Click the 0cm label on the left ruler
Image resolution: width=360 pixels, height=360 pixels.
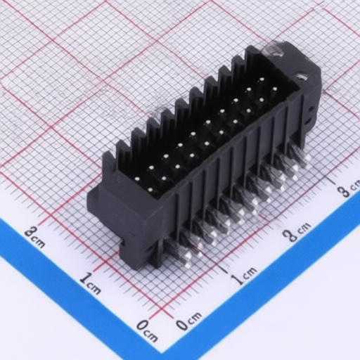(147, 331)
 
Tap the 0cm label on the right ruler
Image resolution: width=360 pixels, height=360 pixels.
(189, 321)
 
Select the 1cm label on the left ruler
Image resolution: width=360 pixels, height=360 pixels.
(91, 283)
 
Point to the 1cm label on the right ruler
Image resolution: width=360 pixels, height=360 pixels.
(244, 276)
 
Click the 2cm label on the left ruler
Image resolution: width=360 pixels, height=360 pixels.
(34, 237)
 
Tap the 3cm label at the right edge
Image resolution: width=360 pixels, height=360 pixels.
(349, 188)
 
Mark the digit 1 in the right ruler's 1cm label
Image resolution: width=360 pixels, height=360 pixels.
(238, 279)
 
